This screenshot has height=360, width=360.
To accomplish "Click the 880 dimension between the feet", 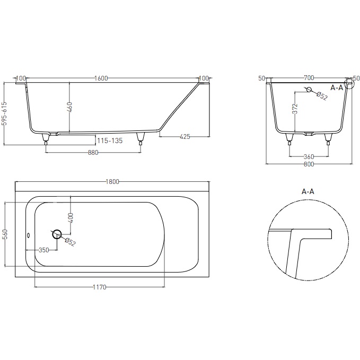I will [x=93, y=153].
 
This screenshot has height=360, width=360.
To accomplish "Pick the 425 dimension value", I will [x=185, y=136].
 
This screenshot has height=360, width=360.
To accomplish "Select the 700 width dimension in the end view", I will [x=309, y=78].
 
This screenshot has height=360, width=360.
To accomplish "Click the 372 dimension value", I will [x=296, y=110].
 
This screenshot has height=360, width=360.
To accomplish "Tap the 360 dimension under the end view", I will [x=309, y=157].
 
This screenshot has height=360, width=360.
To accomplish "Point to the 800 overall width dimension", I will [x=309, y=164].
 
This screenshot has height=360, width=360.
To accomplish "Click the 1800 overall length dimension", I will [x=112, y=181].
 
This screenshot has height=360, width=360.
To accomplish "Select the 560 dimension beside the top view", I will [x=5, y=234].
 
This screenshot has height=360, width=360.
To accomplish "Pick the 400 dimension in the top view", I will [x=71, y=216].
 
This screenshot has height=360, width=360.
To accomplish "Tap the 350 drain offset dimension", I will [x=43, y=249].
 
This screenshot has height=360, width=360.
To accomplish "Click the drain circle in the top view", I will [x=57, y=234].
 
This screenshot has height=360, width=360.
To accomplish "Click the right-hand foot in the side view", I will [x=141, y=138].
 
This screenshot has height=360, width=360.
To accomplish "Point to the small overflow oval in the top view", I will [x=30, y=234].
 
